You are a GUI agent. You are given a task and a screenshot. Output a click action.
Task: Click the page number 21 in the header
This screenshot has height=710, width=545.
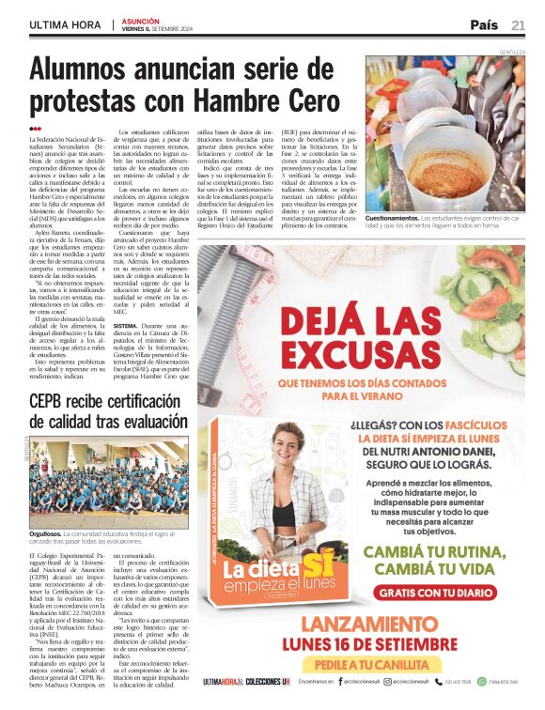(x=518, y=24)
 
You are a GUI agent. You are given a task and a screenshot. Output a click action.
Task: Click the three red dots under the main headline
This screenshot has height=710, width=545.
(x=35, y=129)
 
